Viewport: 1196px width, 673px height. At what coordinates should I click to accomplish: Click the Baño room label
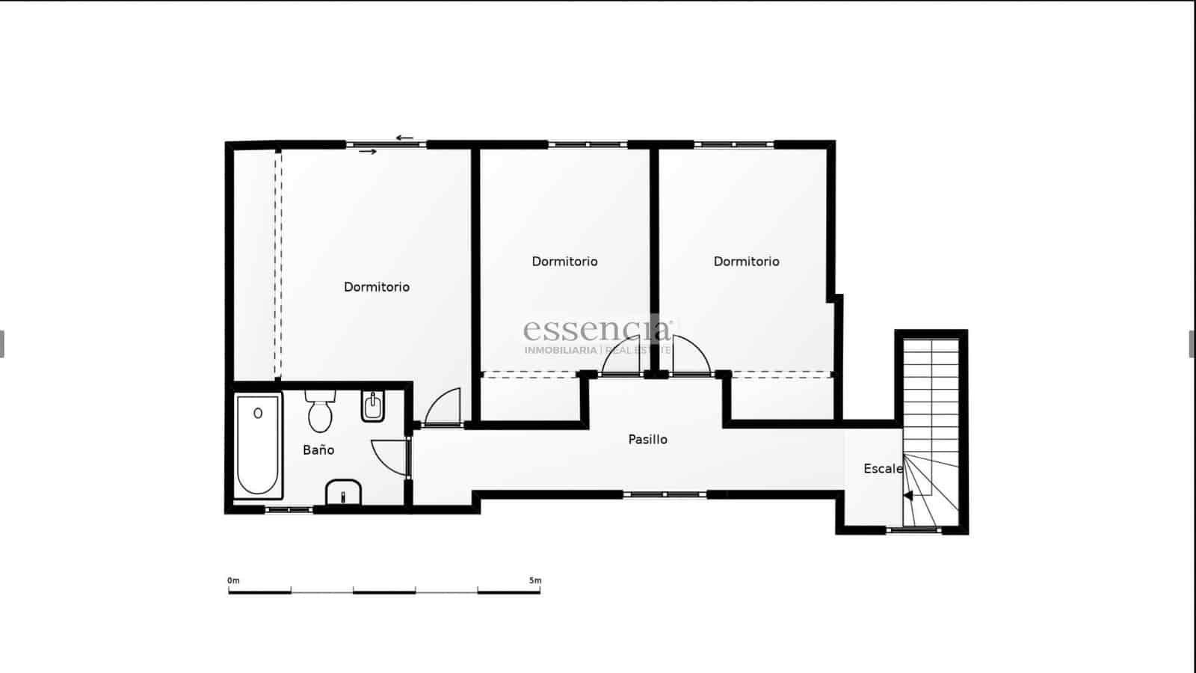[318, 450]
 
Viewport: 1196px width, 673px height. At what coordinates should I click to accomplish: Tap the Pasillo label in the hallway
[647, 440]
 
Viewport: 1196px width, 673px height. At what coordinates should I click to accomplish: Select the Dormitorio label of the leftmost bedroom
[377, 287]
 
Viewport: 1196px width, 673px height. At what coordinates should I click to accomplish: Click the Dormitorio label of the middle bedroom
[564, 262]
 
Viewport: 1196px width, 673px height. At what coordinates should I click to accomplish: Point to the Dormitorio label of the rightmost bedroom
[746, 262]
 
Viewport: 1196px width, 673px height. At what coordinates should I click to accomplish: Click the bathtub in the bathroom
[258, 446]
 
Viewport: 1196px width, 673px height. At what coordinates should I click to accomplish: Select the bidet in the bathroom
[372, 406]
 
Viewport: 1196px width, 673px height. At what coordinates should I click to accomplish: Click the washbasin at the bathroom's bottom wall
[343, 493]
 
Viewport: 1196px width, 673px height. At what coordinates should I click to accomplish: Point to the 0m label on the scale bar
[234, 580]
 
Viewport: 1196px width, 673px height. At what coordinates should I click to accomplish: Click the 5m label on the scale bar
[535, 580]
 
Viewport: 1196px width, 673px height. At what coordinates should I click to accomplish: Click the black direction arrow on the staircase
[908, 495]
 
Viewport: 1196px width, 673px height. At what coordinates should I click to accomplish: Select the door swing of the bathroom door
[389, 457]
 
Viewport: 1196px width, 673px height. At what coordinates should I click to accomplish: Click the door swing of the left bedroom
[443, 408]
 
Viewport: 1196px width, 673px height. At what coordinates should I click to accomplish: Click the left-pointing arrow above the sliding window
[404, 138]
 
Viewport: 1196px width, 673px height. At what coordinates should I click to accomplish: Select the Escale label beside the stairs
[883, 469]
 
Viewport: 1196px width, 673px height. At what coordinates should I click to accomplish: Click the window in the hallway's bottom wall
[665, 494]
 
